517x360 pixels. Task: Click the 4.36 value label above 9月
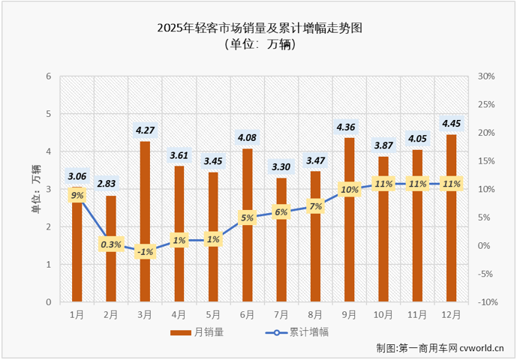pos(350,126)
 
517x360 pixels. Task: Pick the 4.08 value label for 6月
pos(248,137)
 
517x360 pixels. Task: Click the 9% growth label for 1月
pos(77,195)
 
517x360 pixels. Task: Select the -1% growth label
pos(145,252)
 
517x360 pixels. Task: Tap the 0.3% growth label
pos(111,244)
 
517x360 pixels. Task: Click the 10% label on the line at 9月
pos(350,190)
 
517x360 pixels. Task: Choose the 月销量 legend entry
pos(198,331)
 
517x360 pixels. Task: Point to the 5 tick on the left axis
pos(49,115)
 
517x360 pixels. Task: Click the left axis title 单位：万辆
pos(35,190)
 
